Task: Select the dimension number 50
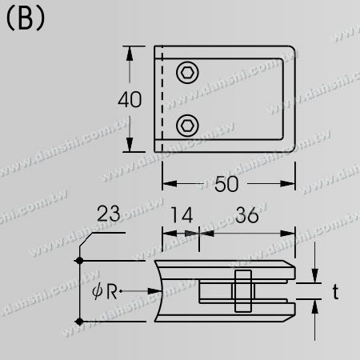coord(227,183)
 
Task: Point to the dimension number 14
coord(181,214)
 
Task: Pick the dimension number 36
coord(247,214)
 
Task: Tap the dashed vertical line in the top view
coord(163,96)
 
